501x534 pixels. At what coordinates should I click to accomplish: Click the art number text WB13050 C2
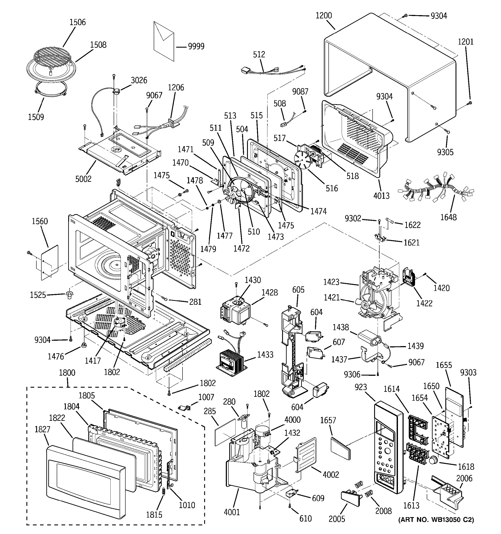click(x=436, y=527)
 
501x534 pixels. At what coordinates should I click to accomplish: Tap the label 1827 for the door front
click(x=42, y=429)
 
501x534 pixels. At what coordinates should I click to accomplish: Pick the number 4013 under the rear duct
click(x=381, y=195)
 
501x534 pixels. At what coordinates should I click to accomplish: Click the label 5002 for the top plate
click(x=83, y=179)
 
